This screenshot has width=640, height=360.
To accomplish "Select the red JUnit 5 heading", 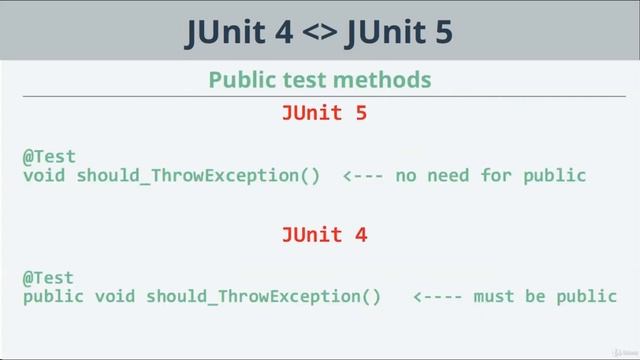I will point(324,114).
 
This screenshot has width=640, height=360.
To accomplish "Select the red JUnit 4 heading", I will point(324,235).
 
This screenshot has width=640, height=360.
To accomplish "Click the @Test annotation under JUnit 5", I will point(49,157).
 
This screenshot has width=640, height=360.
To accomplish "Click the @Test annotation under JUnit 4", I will point(49,277).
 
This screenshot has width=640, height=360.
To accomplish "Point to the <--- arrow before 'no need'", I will point(363,176).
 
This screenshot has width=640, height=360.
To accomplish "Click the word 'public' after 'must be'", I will point(591,296).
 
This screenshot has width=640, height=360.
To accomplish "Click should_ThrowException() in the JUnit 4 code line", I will point(263,296).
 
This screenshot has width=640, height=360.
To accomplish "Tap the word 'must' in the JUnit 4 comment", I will point(492,296).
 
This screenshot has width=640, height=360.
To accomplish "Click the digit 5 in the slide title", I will point(441,33).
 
